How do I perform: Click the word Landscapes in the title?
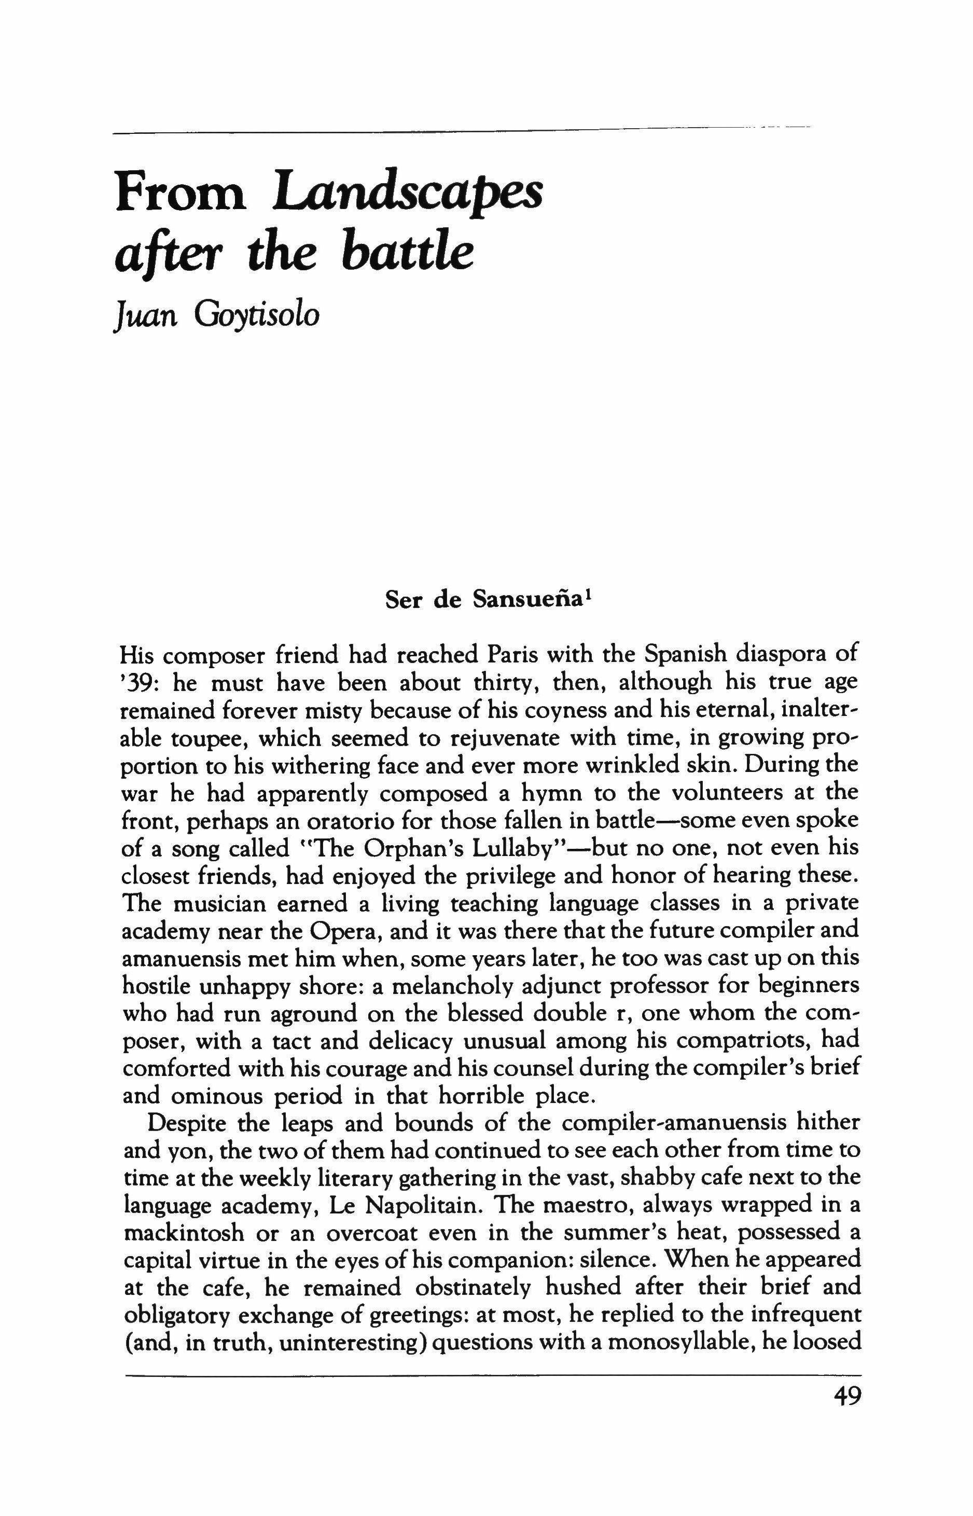408,194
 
